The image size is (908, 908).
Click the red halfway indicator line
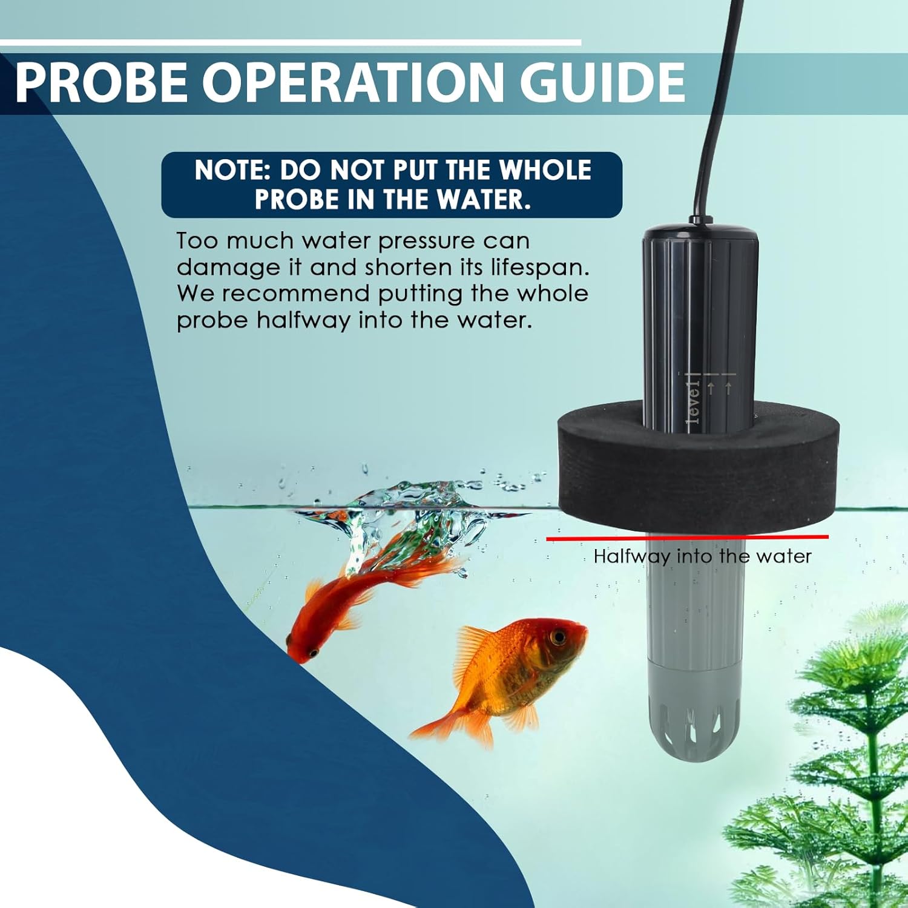(x=687, y=537)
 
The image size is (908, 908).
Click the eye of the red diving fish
(x=312, y=653)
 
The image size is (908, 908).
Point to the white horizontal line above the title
(x=291, y=42)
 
